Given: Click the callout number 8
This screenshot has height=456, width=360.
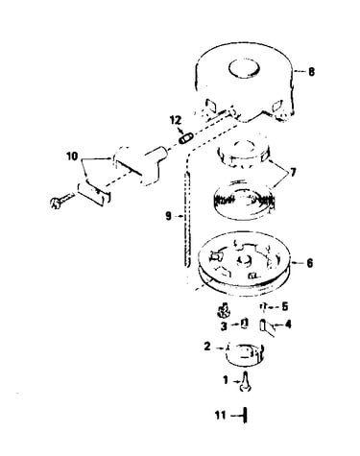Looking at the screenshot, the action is pyautogui.click(x=311, y=71).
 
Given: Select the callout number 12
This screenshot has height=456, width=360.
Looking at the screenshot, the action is pyautogui.click(x=176, y=120).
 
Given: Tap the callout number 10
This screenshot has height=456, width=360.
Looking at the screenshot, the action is pyautogui.click(x=72, y=156).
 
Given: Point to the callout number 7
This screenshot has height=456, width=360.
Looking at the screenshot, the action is pyautogui.click(x=292, y=173).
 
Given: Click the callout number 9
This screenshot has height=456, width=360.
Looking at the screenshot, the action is pyautogui.click(x=169, y=216).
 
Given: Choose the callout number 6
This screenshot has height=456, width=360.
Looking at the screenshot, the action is pyautogui.click(x=309, y=263).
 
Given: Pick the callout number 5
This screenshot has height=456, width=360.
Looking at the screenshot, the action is pyautogui.click(x=284, y=306).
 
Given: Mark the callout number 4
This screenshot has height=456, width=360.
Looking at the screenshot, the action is pyautogui.click(x=288, y=324).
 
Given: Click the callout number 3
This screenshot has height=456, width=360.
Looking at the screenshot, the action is pyautogui.click(x=224, y=326).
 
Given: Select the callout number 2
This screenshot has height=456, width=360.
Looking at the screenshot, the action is pyautogui.click(x=207, y=346).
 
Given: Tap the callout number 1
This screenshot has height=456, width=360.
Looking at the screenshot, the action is pyautogui.click(x=226, y=380).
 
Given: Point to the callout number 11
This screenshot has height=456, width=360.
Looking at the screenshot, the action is pyautogui.click(x=221, y=416).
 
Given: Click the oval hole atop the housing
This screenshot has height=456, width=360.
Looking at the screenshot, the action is pyautogui.click(x=244, y=68).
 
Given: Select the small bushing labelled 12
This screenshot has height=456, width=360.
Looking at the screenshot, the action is pyautogui.click(x=185, y=139).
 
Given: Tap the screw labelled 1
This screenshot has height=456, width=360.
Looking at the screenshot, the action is pyautogui.click(x=245, y=381).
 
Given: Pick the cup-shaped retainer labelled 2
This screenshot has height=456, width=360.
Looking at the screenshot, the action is pyautogui.click(x=245, y=355).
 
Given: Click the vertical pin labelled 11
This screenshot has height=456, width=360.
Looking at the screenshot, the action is pyautogui.click(x=245, y=416).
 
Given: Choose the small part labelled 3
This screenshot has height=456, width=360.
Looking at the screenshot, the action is pyautogui.click(x=245, y=324).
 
